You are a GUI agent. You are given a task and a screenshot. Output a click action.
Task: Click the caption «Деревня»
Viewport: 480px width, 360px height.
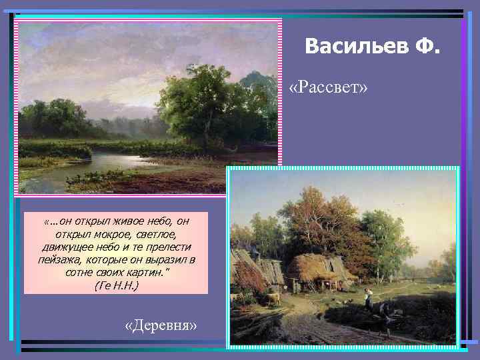[x=161, y=326]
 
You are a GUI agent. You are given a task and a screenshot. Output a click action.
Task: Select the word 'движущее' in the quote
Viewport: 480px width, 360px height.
[x=64, y=247]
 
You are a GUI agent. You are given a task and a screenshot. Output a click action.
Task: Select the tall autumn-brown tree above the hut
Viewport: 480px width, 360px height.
[x=313, y=220]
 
